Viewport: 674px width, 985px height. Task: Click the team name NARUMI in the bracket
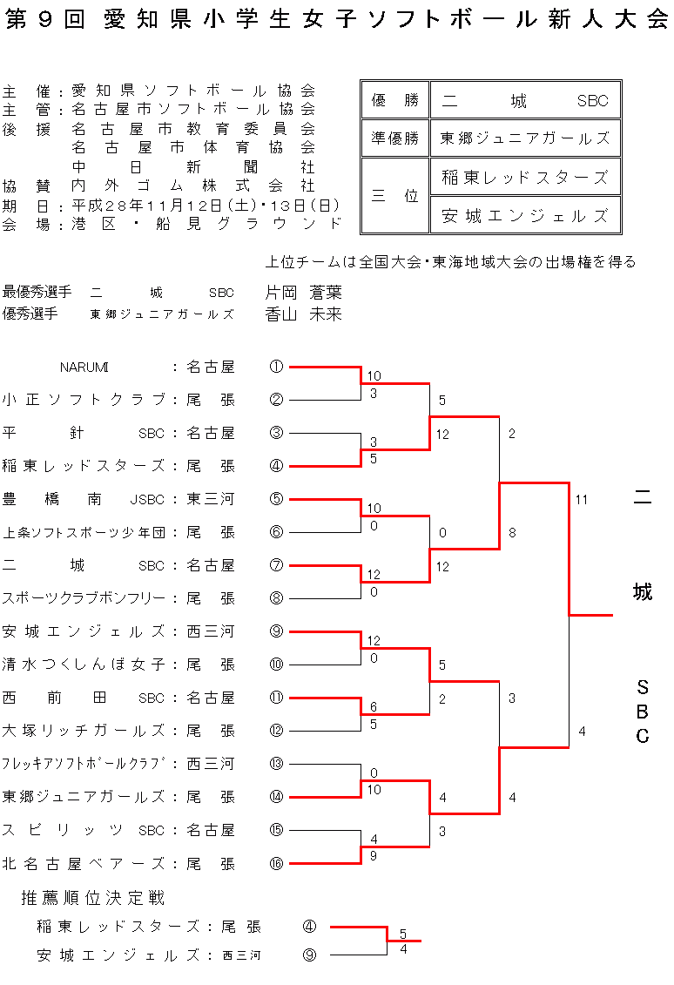84,367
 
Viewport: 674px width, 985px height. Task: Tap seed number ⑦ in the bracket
276,565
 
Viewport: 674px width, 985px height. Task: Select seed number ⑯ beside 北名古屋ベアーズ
276,863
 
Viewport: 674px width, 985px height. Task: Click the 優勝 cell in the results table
395,100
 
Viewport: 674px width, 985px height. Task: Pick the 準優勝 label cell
395,138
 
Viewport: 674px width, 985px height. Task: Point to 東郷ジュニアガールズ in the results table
524,138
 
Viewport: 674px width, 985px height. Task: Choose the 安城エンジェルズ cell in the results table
524,216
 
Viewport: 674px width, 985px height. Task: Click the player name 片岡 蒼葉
303,293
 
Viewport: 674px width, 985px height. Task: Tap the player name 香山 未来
303,314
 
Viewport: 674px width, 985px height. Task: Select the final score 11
582,500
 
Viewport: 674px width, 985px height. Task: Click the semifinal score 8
512,532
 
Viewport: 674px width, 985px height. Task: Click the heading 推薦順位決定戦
93,898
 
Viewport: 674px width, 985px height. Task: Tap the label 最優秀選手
37,293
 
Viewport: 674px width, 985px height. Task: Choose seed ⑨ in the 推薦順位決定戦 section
309,955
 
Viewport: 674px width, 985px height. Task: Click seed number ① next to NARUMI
276,367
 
